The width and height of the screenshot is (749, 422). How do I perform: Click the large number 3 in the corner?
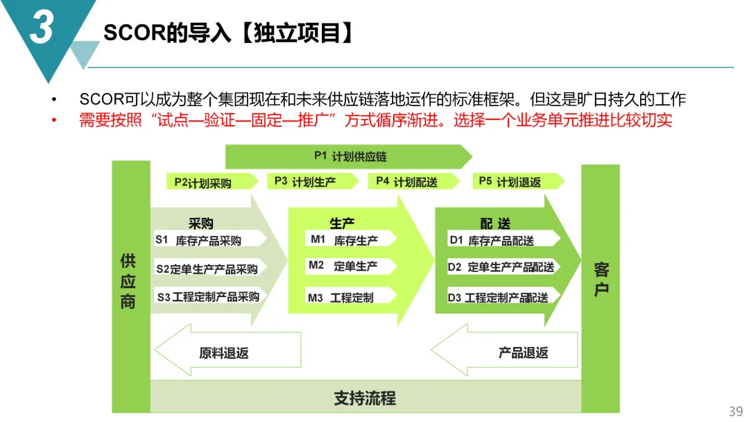42,28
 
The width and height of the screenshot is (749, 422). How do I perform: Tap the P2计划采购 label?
203,183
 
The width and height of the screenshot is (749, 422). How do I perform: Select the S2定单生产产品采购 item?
207,269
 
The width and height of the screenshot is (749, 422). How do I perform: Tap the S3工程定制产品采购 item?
208,297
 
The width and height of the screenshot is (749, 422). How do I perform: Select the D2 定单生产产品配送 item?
501,267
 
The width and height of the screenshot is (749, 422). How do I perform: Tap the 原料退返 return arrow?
225,353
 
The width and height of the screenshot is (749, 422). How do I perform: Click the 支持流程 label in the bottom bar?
365,398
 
